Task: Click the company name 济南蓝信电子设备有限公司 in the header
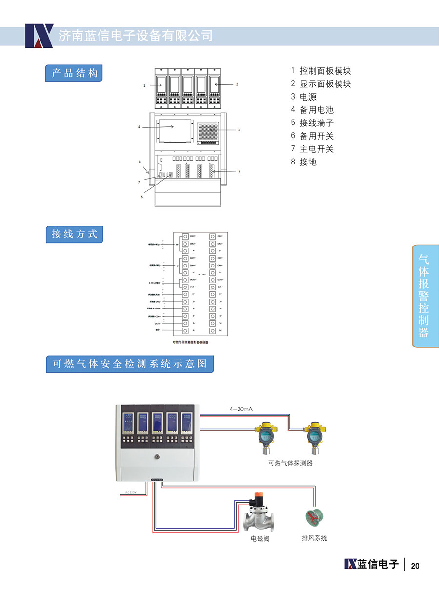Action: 136,36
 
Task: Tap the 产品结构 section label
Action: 75,73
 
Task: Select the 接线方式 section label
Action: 75,234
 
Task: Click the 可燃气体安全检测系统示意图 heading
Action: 130,364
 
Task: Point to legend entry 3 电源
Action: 304,97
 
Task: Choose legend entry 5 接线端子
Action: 313,123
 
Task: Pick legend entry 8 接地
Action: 304,162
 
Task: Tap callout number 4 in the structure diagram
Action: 139,127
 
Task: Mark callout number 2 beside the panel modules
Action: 237,84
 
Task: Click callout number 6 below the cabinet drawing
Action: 142,197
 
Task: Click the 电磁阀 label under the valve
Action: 260,539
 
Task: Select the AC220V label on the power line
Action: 130,492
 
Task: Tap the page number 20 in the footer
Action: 415,566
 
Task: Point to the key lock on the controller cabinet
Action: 157,457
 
